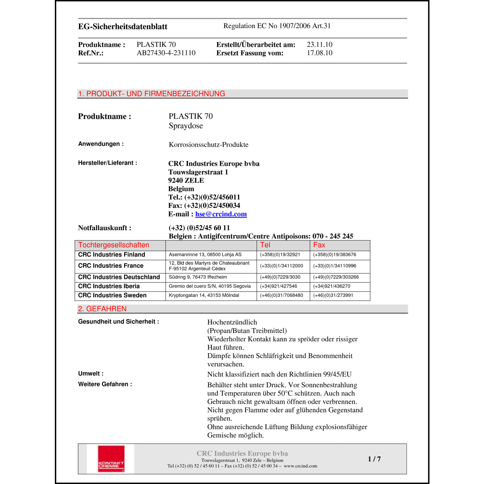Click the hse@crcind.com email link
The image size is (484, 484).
[x=221, y=214]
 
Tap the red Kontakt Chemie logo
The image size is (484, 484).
[x=111, y=459]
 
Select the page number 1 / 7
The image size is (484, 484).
[x=374, y=459]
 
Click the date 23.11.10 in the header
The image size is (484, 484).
[x=319, y=45]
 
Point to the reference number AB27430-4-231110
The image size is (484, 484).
[x=166, y=53]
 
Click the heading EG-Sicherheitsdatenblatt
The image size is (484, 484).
[x=123, y=26]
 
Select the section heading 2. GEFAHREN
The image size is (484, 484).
[x=102, y=309]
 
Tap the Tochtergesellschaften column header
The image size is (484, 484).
[x=114, y=245]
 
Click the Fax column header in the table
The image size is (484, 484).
[x=319, y=245]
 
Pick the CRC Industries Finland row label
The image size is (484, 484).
[x=112, y=255]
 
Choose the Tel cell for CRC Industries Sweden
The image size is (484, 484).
[x=281, y=295]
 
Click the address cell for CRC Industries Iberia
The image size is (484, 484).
[x=210, y=286]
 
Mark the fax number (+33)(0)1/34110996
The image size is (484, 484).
[x=335, y=266]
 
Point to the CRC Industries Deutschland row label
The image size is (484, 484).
[x=119, y=277]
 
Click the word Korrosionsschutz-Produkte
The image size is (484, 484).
[x=208, y=145]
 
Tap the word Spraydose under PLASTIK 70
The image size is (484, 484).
[x=186, y=126]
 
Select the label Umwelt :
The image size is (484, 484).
[x=91, y=374]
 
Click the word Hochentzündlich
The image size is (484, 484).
[x=232, y=322]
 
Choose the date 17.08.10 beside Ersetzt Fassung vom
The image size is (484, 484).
[x=319, y=53]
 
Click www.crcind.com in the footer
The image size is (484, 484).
[x=300, y=466]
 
